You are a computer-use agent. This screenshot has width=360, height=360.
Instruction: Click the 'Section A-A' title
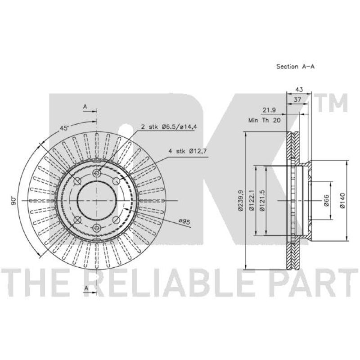pos(295,67)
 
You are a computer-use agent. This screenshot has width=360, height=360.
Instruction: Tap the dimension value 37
pos(297,99)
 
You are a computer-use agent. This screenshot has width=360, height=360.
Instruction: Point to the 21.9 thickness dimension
pos(269,110)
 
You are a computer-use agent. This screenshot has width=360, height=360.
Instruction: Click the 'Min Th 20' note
pos(265,120)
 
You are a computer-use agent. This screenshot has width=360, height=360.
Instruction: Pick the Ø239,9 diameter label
pos(240,200)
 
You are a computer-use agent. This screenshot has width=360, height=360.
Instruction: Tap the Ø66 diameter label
pos(327,200)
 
